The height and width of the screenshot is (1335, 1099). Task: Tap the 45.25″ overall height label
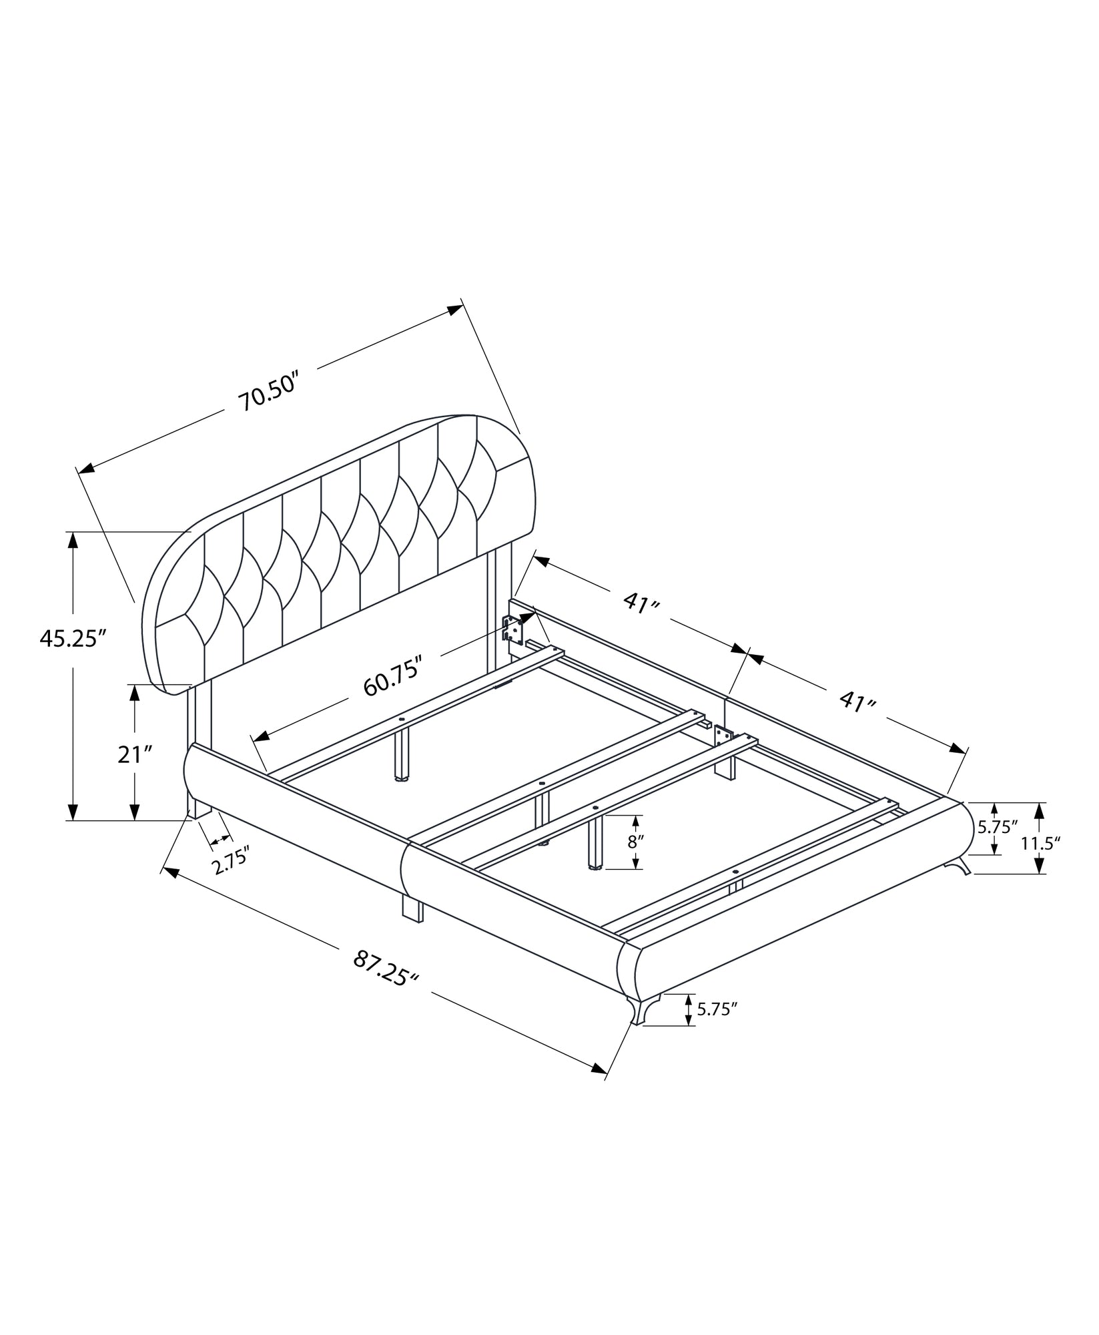(73, 638)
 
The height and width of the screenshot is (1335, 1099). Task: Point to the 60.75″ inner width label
(393, 676)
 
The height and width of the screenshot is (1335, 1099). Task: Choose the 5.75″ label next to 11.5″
(998, 827)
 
